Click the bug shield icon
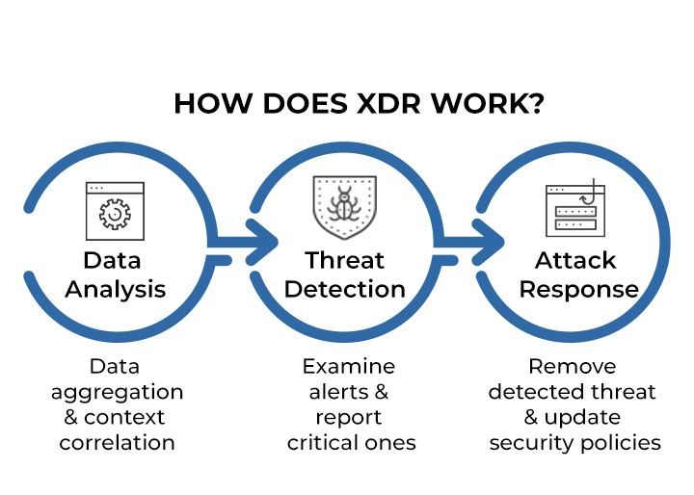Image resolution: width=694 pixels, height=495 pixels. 344,206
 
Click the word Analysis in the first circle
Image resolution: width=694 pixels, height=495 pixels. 116,289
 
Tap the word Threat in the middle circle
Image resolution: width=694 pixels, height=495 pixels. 345,261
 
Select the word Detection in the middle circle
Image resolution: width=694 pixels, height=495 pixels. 345,289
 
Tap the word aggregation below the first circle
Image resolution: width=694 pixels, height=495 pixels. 117,392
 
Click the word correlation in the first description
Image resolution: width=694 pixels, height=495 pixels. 117,443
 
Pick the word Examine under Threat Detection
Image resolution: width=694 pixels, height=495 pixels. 348,367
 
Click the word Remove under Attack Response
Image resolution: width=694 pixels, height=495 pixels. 572,367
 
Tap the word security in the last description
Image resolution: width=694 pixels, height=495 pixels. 529,443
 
